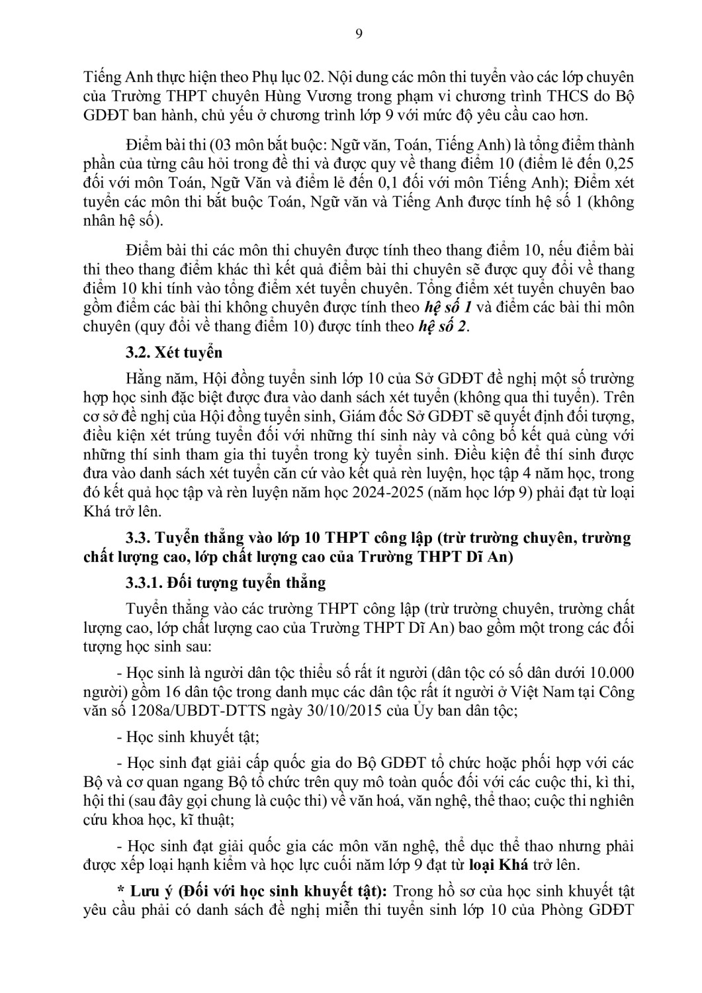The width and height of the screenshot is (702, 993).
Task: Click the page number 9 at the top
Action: click(359, 34)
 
